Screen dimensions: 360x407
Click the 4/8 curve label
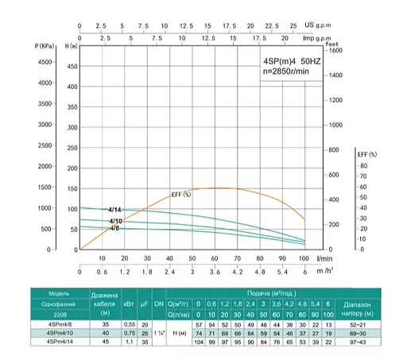[x=114, y=228]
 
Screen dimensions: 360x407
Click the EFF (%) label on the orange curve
[x=181, y=194]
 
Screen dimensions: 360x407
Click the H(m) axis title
[x=71, y=48]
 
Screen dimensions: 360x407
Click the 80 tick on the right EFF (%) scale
[x=362, y=166]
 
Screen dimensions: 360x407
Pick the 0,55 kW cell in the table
[x=126, y=324]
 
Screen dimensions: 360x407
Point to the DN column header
[x=159, y=303]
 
